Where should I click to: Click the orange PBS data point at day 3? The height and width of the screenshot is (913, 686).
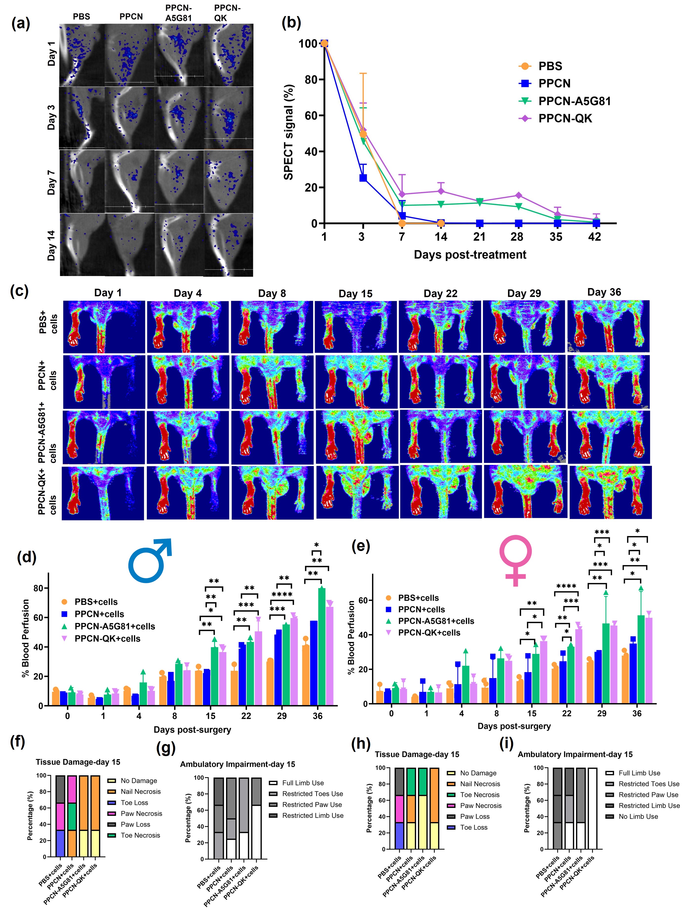[x=363, y=134]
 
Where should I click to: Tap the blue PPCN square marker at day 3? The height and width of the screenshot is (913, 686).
[x=363, y=178]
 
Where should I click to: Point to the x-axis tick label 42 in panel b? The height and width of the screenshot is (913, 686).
[x=594, y=237]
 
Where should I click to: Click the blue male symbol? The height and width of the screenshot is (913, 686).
[x=149, y=560]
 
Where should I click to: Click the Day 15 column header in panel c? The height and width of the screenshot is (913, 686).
[x=355, y=294]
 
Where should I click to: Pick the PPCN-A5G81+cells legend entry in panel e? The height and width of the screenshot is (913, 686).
[x=436, y=621]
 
